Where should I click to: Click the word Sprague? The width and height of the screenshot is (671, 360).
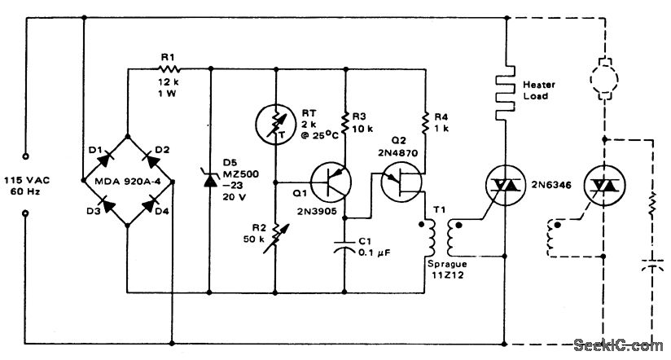point(445,263)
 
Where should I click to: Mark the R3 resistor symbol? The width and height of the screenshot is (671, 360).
point(346,122)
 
